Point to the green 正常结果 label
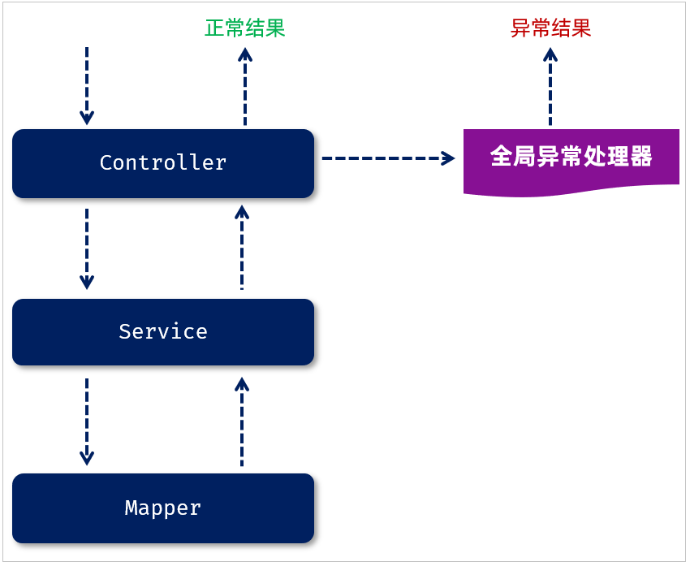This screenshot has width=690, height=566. click(x=244, y=28)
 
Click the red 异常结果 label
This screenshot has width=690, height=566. click(x=550, y=28)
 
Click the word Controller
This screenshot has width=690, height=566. click(x=163, y=163)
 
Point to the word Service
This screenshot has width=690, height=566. click(x=163, y=332)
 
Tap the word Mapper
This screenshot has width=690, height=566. click(x=163, y=508)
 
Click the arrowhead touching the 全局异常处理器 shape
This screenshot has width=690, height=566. click(x=448, y=158)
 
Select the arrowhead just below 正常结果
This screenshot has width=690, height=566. click(x=245, y=54)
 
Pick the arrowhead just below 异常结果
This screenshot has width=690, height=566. click(x=550, y=54)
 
